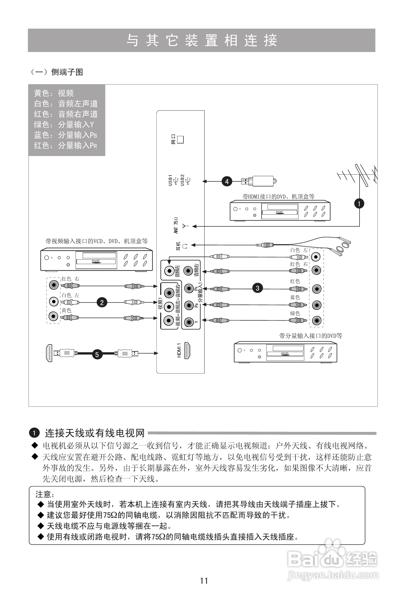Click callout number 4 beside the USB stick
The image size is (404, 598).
point(227,182)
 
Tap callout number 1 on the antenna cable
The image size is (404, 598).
point(359,204)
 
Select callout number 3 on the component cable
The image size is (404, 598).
point(257,288)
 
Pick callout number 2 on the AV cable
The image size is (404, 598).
point(102,302)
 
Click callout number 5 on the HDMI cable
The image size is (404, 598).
point(97,354)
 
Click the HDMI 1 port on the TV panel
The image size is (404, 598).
point(188,351)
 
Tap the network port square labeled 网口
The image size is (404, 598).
point(180,139)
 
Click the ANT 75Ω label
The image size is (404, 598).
point(176,225)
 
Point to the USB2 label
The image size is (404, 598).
point(182,180)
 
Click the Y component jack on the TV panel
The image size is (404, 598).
point(189,322)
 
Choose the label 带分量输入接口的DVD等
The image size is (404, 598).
point(311,336)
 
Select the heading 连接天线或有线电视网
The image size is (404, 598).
point(95,433)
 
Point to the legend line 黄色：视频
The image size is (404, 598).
point(54,93)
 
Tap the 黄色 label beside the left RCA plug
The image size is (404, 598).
point(66,310)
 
